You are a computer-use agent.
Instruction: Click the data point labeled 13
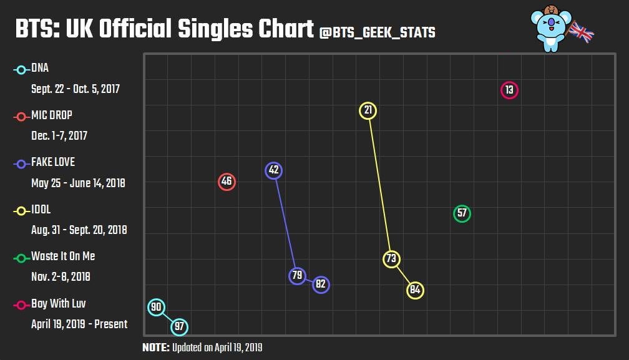point(509,90)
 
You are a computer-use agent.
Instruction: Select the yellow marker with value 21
point(368,110)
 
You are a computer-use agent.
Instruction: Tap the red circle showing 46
point(227,182)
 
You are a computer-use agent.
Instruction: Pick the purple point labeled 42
point(273,170)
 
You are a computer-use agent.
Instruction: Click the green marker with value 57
point(462,213)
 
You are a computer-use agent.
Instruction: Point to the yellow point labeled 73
point(391,259)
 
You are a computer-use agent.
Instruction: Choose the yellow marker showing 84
point(415,290)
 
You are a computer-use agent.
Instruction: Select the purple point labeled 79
point(298,276)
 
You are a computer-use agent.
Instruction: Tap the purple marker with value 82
point(321,285)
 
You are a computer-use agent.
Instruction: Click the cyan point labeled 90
point(157,307)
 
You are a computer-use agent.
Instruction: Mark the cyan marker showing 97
point(180,326)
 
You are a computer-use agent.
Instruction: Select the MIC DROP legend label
point(51,115)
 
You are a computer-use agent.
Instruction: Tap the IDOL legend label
point(41,210)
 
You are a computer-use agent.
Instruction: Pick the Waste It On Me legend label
point(63,256)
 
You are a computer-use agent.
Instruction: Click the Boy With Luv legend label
point(58,304)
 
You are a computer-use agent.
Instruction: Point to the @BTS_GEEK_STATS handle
point(377,32)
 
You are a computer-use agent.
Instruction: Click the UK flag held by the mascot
point(581,33)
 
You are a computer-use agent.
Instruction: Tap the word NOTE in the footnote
point(155,348)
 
